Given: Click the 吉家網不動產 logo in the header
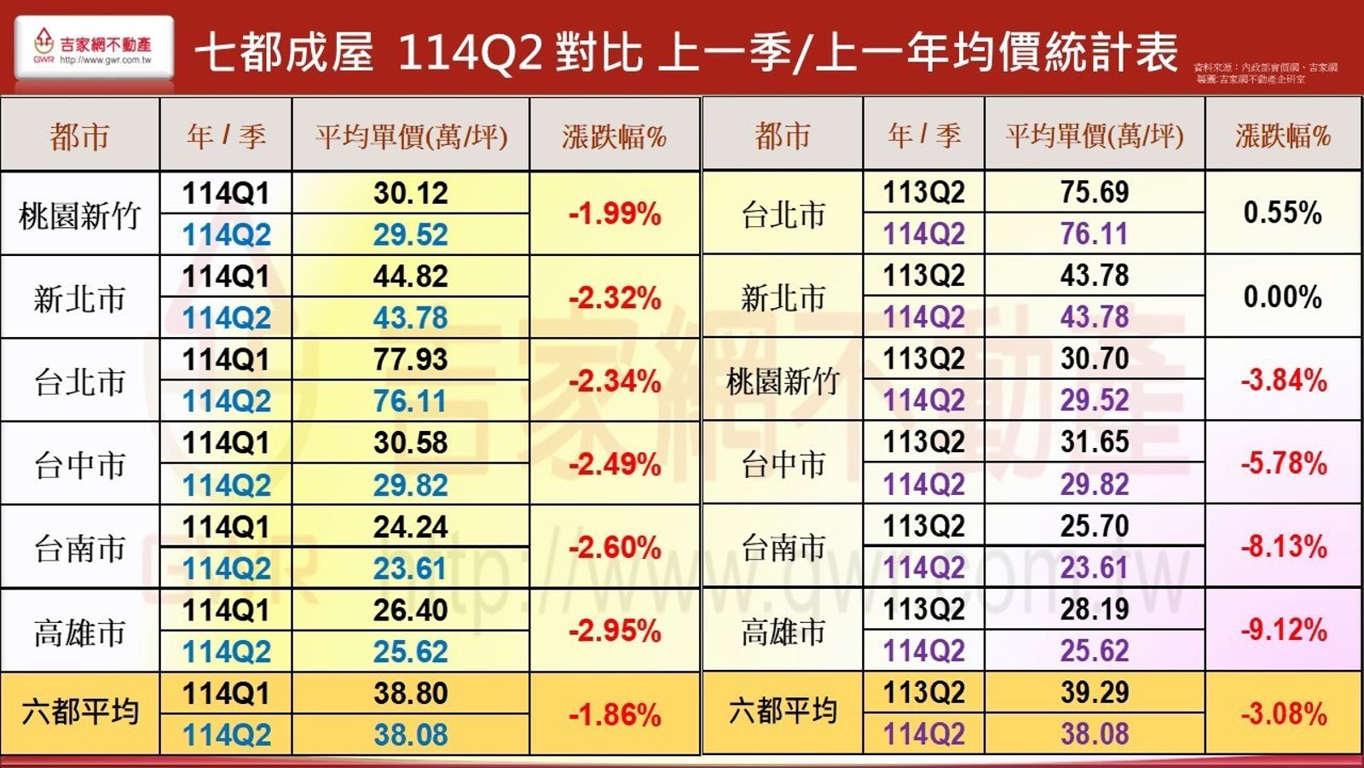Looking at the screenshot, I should (94, 48).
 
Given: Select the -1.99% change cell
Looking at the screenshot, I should (615, 213).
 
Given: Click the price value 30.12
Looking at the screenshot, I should (410, 194).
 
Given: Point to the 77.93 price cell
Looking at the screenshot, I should (410, 360).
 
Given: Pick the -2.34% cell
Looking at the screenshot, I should (615, 381).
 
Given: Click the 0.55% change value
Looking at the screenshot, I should (1282, 212).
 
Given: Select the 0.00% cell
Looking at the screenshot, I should (1282, 297).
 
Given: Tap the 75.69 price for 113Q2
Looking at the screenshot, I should (1095, 193).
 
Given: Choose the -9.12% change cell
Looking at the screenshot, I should (1283, 631).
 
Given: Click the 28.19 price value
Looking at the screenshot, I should (1095, 609).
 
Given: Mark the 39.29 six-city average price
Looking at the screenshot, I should (1095, 692).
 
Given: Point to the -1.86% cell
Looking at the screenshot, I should (615, 714).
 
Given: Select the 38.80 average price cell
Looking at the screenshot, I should (410, 693).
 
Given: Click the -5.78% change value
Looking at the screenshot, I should (1283, 463).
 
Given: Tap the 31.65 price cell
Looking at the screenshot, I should (1095, 442).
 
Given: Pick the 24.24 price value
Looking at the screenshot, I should (410, 527).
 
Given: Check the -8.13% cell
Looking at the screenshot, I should (1283, 546).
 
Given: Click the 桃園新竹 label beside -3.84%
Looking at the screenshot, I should (783, 381).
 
